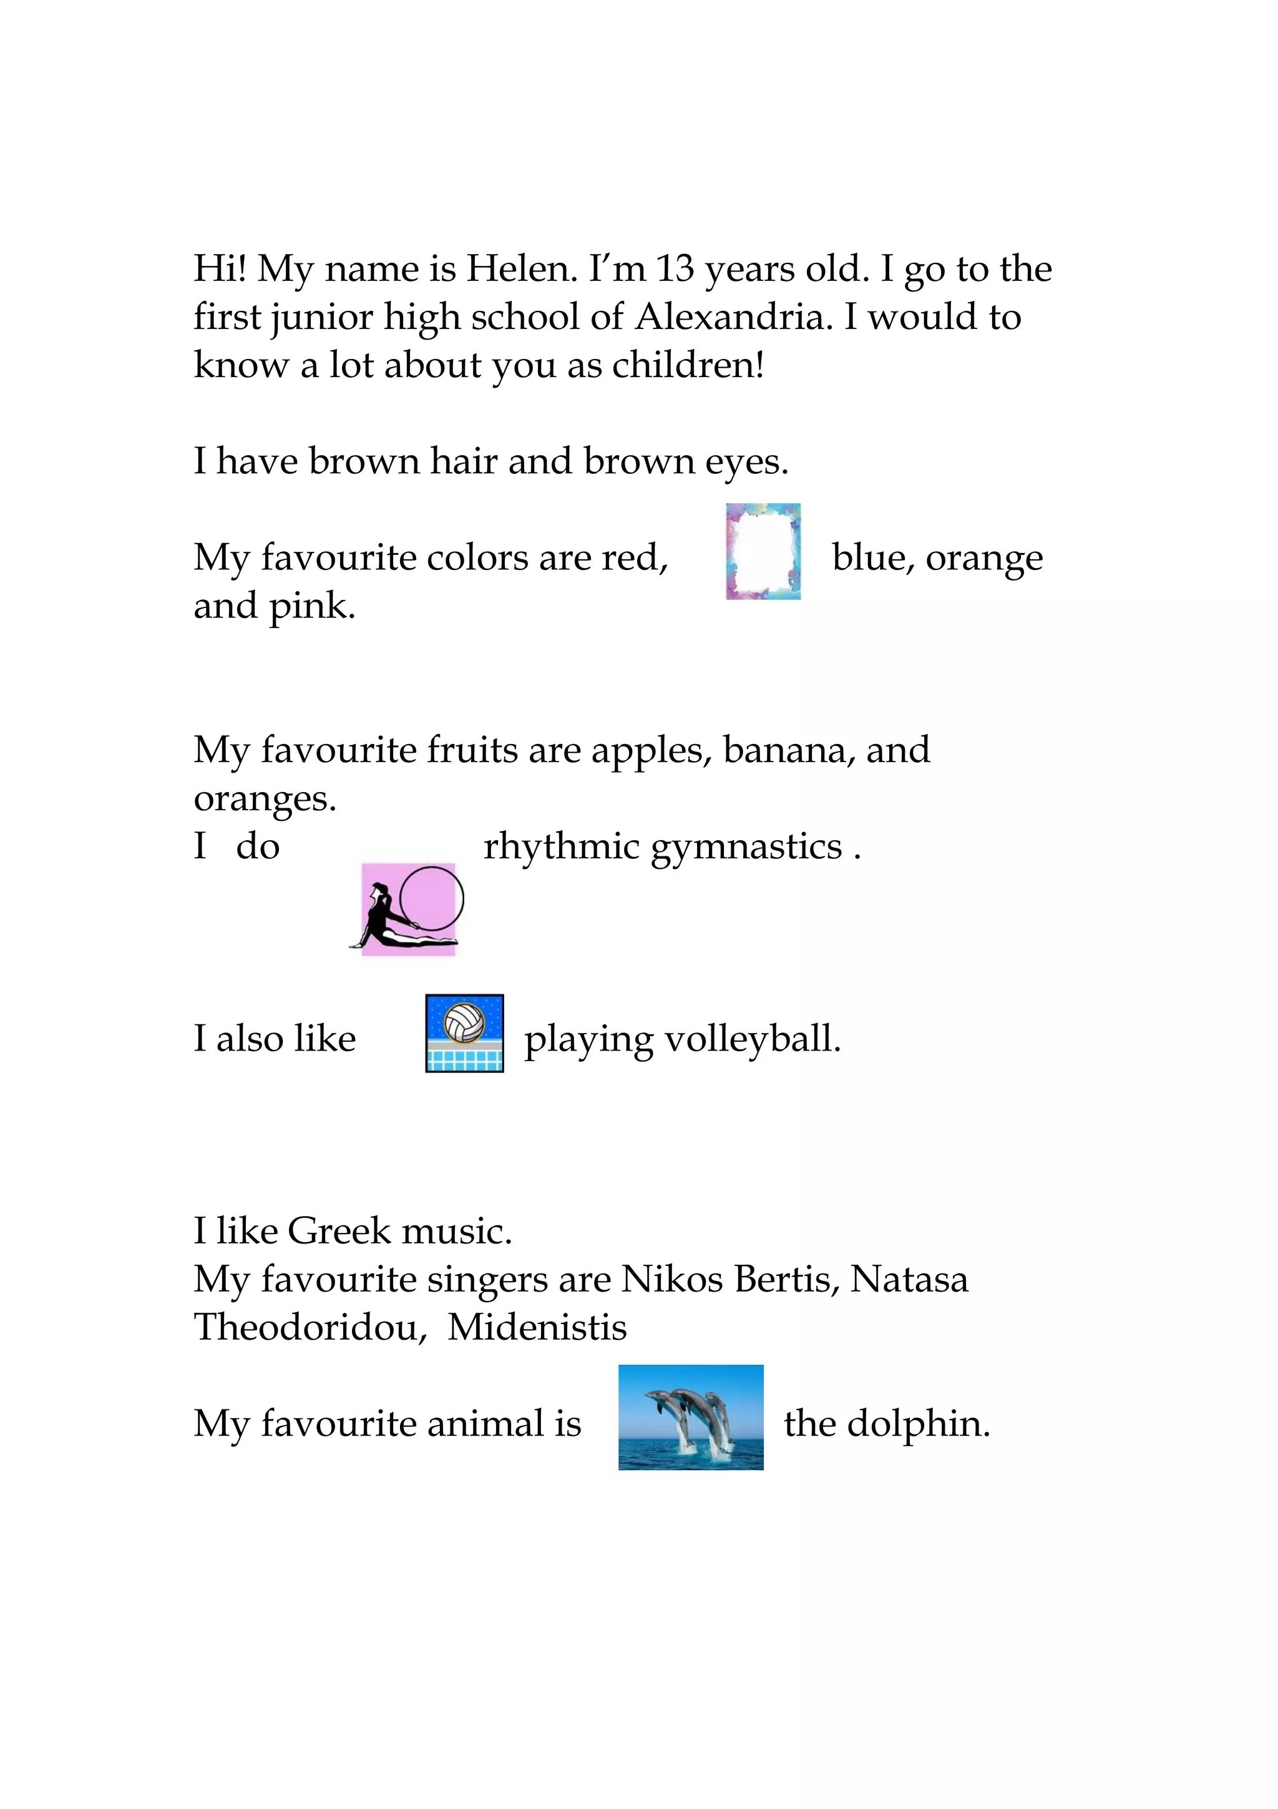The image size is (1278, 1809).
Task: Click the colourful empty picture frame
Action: [763, 552]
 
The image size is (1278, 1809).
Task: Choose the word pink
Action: [312, 607]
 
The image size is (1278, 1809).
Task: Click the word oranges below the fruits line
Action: [265, 800]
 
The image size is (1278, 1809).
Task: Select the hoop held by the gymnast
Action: [431, 898]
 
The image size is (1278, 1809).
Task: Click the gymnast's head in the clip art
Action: [381, 892]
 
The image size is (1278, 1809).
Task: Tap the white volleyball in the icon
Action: [464, 1022]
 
